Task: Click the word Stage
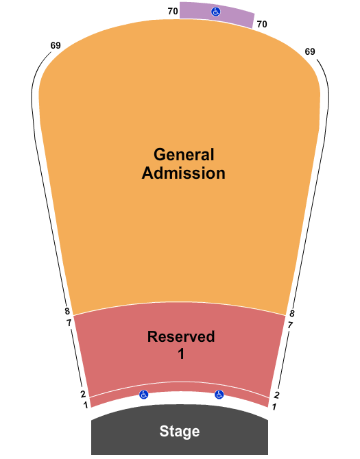(180, 431)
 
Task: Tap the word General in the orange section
(184, 154)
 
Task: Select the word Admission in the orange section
(184, 173)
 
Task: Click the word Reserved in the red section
(181, 336)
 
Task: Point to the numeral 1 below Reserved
(181, 353)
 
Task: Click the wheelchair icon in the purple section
(216, 12)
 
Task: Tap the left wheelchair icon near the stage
(143, 395)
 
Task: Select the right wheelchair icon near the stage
(219, 395)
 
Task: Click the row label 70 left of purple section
(173, 11)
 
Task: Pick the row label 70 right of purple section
(262, 24)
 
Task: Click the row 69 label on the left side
(56, 45)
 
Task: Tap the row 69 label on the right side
(310, 51)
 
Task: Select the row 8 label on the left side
(67, 311)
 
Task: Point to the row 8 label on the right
(291, 314)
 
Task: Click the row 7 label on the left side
(69, 323)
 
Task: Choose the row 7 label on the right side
(290, 325)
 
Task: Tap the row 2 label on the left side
(83, 394)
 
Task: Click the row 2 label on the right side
(276, 395)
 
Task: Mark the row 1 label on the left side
(86, 405)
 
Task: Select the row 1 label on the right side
(274, 407)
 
